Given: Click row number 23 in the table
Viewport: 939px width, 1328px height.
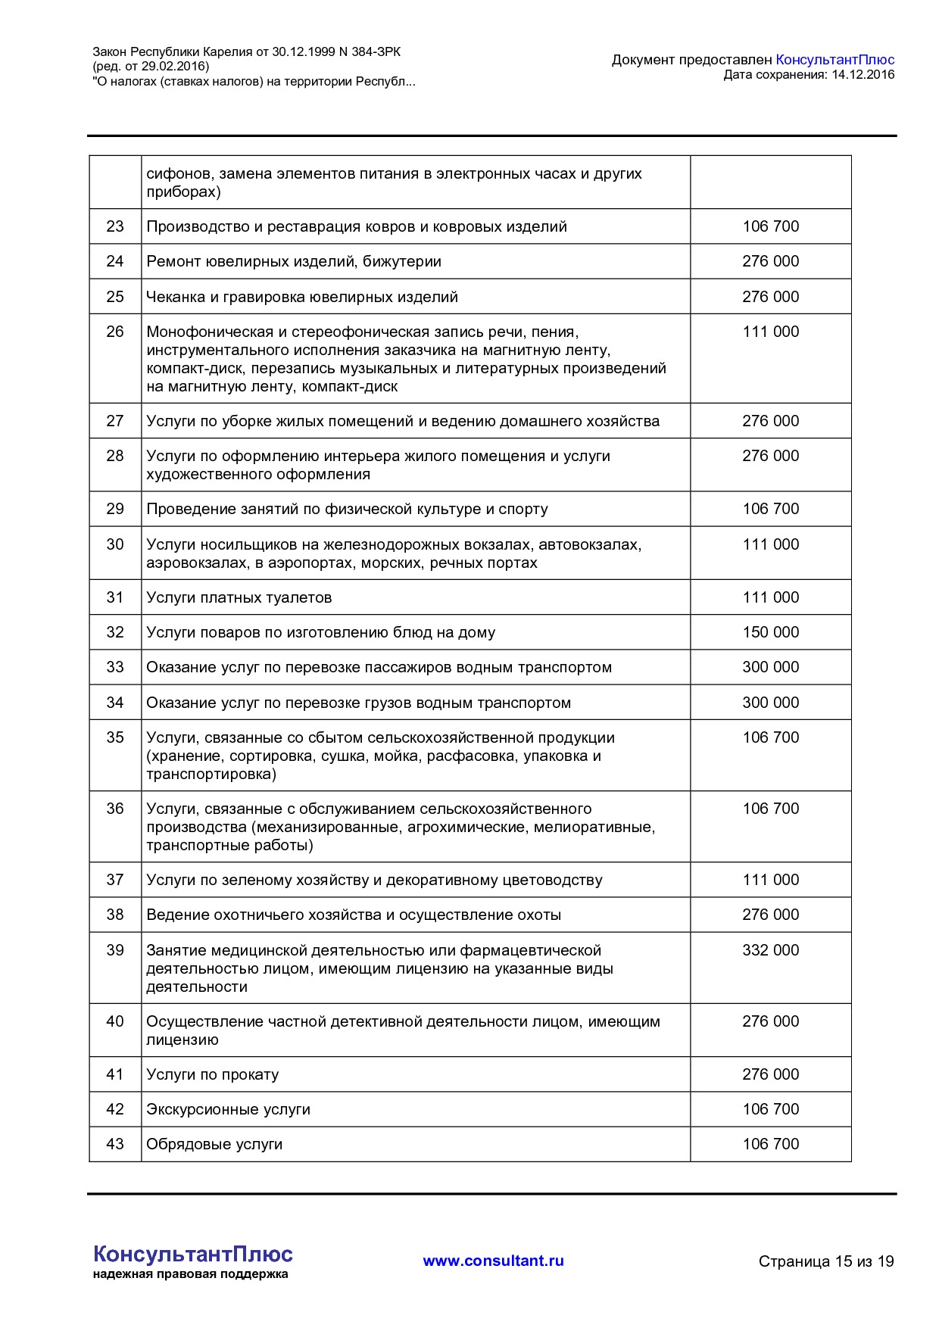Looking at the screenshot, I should [x=115, y=226].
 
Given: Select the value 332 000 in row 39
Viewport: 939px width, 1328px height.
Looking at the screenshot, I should [x=770, y=950].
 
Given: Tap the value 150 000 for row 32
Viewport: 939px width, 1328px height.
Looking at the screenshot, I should [x=770, y=632].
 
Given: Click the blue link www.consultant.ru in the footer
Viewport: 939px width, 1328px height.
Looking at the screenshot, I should [x=493, y=1261].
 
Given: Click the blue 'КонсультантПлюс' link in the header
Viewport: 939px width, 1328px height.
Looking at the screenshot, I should [x=834, y=60].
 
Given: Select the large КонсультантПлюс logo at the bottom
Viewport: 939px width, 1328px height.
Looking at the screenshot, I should [x=192, y=1254].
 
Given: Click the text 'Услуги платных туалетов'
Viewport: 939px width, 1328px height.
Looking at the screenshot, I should [x=239, y=597].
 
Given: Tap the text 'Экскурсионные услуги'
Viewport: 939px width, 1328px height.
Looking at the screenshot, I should [x=228, y=1109].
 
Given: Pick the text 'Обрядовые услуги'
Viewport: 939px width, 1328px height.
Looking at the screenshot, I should [x=214, y=1144].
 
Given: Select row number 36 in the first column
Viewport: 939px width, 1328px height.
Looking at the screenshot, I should [x=115, y=809].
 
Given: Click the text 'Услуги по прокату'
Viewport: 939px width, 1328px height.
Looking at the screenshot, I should [x=212, y=1074].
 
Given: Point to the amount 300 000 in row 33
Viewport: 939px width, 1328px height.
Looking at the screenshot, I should [x=770, y=667].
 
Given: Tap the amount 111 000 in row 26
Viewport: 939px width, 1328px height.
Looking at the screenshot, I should [x=770, y=332].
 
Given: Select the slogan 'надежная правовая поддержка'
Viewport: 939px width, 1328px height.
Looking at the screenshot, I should [x=190, y=1274].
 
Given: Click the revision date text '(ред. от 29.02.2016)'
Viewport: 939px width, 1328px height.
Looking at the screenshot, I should [x=151, y=67].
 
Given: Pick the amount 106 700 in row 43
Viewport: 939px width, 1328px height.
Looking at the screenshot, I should [x=770, y=1144].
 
